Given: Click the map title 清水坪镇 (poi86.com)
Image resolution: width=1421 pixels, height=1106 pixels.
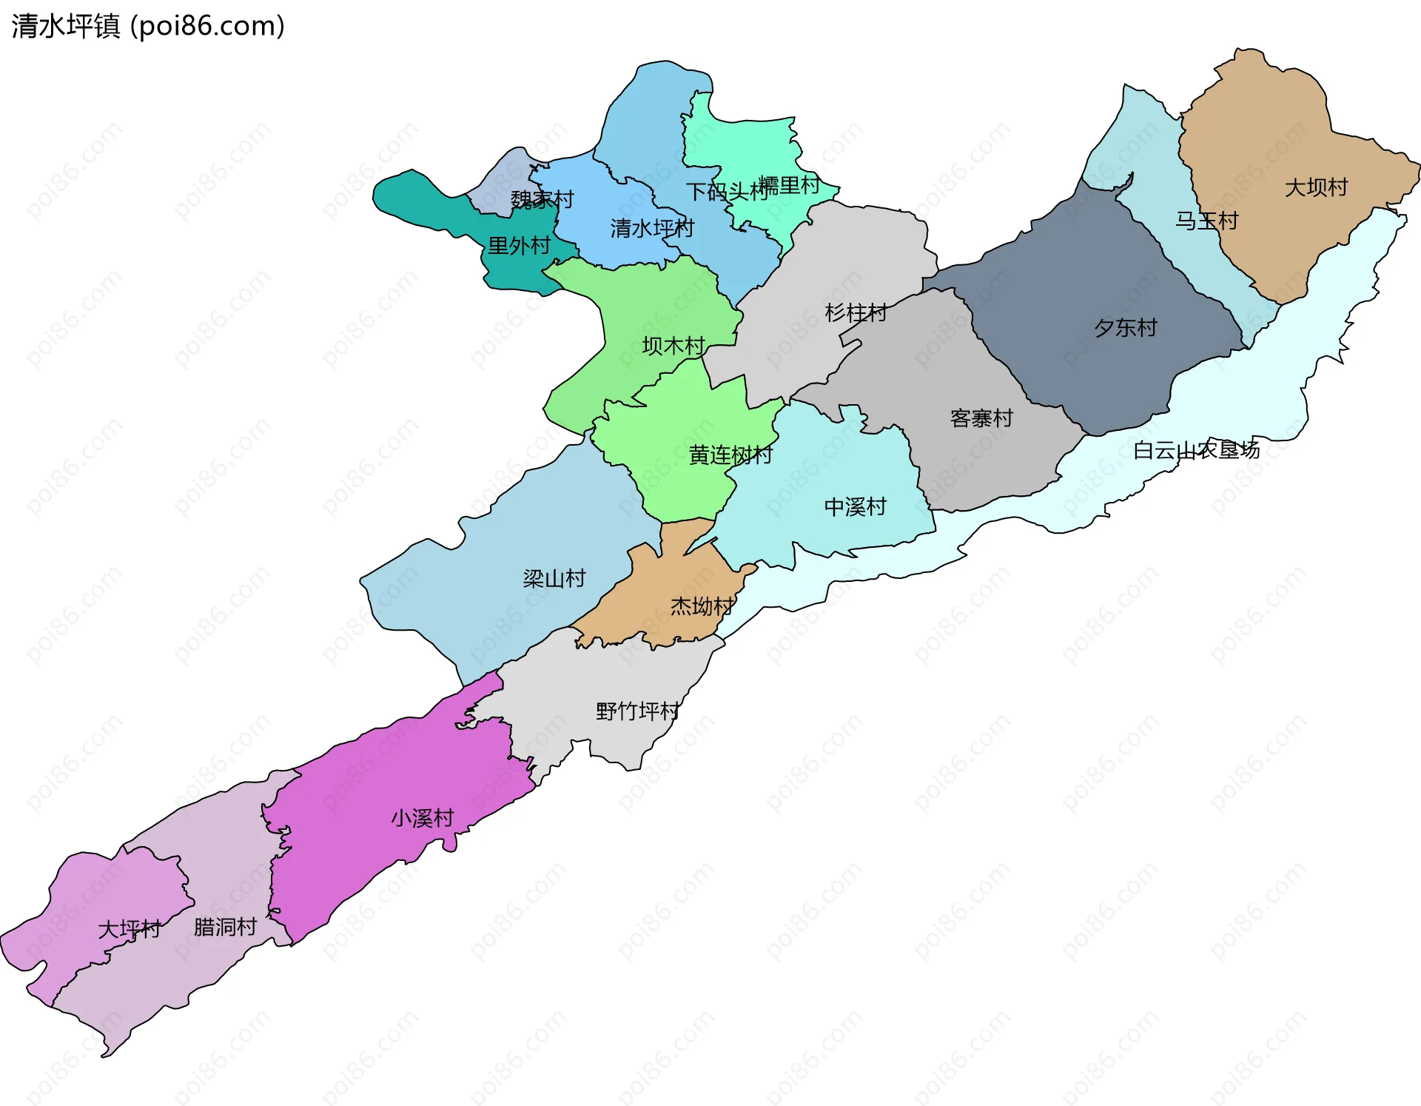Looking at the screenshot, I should pyautogui.click(x=148, y=27).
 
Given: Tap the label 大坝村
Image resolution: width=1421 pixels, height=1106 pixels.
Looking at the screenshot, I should pyautogui.click(x=1316, y=187).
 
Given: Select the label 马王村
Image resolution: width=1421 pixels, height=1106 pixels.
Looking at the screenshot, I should pyautogui.click(x=1206, y=221).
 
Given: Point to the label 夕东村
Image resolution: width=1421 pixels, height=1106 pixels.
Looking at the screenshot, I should pyautogui.click(x=1125, y=327).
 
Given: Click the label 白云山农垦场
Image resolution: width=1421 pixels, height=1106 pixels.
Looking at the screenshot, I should pyautogui.click(x=1196, y=449).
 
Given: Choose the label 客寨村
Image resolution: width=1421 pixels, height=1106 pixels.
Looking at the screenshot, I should pyautogui.click(x=981, y=418).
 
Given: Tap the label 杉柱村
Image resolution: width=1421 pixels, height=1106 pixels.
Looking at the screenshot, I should pyautogui.click(x=856, y=312).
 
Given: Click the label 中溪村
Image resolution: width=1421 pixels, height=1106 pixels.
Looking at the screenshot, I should pyautogui.click(x=855, y=506).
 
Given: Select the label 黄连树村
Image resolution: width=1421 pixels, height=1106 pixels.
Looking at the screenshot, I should pyautogui.click(x=730, y=455).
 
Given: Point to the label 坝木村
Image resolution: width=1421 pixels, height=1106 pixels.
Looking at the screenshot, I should pyautogui.click(x=673, y=346).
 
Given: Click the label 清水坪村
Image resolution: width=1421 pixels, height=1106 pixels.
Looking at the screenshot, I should pyautogui.click(x=651, y=228).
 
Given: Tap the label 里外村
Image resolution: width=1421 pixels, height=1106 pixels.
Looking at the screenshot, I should pyautogui.click(x=519, y=245).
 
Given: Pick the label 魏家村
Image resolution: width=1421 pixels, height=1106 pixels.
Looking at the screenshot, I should pyautogui.click(x=542, y=199).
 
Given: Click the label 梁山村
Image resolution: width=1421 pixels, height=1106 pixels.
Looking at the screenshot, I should pyautogui.click(x=554, y=578).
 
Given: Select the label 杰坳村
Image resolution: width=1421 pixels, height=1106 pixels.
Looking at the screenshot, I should pyautogui.click(x=701, y=606).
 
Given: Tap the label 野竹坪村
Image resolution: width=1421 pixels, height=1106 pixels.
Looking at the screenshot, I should pyautogui.click(x=636, y=711).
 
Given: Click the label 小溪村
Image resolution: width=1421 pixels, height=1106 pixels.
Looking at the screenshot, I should pyautogui.click(x=422, y=818).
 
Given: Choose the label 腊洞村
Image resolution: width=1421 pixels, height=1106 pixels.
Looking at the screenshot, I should pyautogui.click(x=225, y=927).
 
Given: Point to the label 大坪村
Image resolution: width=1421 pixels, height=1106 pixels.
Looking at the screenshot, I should pyautogui.click(x=129, y=929).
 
